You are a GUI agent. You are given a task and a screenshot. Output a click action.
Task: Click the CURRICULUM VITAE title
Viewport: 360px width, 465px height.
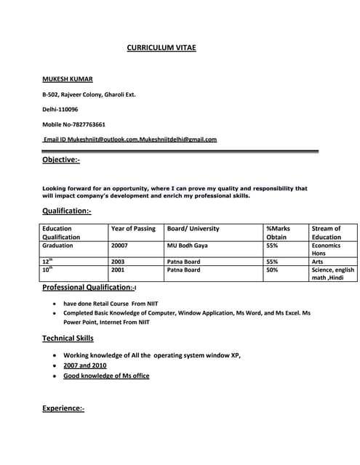click(161, 48)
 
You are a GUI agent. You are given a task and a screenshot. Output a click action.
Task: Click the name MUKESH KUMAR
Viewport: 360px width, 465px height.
click(67, 78)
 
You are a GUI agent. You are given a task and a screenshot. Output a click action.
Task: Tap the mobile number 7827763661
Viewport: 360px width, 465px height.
click(89, 124)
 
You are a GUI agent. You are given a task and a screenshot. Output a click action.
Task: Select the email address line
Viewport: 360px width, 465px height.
click(129, 139)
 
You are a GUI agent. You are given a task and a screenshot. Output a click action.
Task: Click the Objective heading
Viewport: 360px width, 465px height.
click(61, 160)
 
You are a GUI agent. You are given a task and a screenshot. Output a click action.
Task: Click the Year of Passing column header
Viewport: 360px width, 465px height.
click(133, 229)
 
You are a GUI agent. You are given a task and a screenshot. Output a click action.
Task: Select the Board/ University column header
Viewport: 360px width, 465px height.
click(193, 229)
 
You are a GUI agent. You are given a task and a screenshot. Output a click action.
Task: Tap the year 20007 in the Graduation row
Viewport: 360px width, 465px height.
click(120, 246)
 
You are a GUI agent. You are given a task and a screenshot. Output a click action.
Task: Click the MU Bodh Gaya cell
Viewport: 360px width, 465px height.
click(187, 246)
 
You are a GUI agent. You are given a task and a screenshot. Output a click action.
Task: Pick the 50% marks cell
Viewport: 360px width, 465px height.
click(273, 270)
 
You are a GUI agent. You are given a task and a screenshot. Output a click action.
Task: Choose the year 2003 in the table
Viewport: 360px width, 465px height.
click(118, 262)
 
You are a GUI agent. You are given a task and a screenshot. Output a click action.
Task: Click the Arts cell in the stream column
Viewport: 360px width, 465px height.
click(318, 262)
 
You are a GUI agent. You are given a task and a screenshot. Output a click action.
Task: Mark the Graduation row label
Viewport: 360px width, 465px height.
click(58, 246)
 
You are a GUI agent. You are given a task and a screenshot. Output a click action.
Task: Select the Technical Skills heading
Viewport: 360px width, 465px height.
click(68, 339)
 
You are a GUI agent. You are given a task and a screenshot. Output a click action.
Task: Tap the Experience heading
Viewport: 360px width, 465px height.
click(63, 409)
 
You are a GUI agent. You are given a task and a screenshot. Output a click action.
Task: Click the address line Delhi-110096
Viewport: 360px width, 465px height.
click(60, 109)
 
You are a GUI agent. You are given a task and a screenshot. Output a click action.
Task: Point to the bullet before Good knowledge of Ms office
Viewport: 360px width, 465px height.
click(56, 376)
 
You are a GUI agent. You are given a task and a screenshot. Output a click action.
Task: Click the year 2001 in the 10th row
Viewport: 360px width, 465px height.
click(118, 270)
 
